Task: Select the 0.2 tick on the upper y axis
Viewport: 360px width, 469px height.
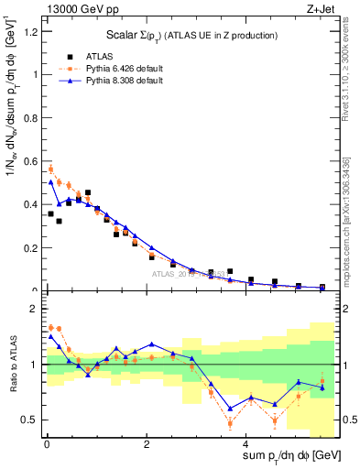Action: (32, 247)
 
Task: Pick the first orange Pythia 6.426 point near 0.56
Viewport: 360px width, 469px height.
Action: (51, 169)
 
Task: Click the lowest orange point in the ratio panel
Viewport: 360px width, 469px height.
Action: (230, 422)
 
